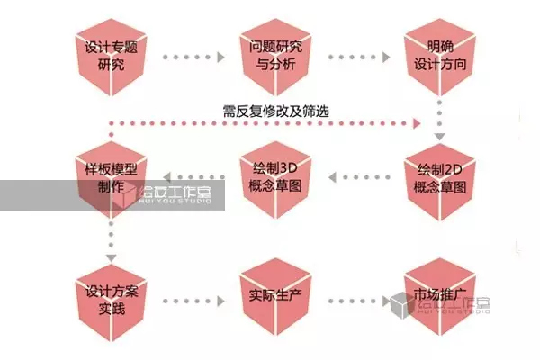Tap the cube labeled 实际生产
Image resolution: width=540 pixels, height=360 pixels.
click(x=274, y=301)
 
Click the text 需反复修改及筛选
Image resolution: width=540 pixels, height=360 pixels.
click(x=275, y=112)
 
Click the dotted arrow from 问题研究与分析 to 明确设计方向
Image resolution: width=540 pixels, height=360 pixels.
click(x=355, y=57)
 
